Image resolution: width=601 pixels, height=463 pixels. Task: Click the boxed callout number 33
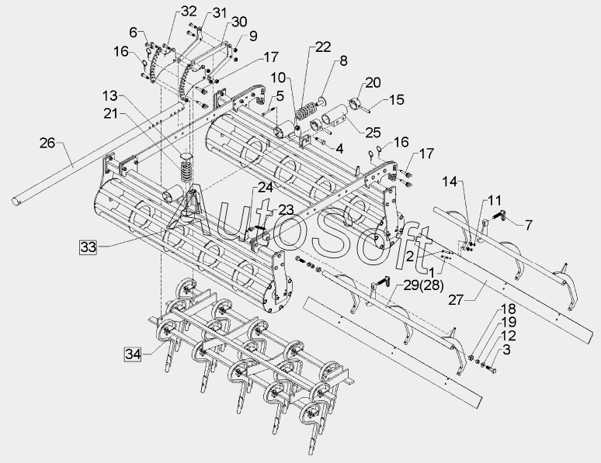(x=87, y=247)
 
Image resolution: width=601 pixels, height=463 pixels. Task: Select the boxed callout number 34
(x=133, y=354)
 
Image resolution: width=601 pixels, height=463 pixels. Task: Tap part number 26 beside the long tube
(x=47, y=143)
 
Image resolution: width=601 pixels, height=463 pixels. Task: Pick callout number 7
(x=528, y=225)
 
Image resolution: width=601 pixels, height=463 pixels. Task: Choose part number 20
(x=373, y=82)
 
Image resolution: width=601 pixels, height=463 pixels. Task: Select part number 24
(x=266, y=187)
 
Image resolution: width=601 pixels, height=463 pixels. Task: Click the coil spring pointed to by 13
(x=186, y=166)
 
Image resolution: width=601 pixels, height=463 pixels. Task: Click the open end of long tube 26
(x=16, y=202)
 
